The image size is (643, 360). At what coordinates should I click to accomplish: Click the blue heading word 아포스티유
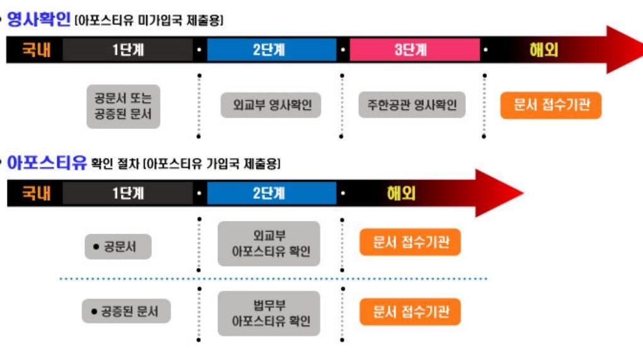(46, 164)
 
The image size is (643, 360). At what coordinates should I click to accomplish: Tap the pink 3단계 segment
(411, 50)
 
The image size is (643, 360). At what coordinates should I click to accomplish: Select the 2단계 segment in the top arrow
(269, 50)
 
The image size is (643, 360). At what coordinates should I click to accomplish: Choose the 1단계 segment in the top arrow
(128, 50)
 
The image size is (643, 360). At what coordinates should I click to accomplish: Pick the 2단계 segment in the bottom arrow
(269, 193)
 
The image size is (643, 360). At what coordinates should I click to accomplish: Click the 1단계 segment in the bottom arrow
(128, 193)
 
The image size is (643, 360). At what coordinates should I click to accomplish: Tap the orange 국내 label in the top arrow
(36, 50)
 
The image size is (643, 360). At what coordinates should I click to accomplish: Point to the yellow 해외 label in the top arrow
(543, 50)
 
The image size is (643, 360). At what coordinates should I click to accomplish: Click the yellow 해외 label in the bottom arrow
(401, 193)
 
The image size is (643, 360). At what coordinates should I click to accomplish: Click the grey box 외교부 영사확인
(270, 104)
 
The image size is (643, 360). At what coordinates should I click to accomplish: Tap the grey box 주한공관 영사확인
(413, 104)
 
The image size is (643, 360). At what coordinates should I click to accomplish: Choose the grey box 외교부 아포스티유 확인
(270, 244)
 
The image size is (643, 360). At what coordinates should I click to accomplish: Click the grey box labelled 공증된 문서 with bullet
(127, 311)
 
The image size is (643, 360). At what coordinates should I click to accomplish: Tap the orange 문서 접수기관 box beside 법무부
(410, 312)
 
